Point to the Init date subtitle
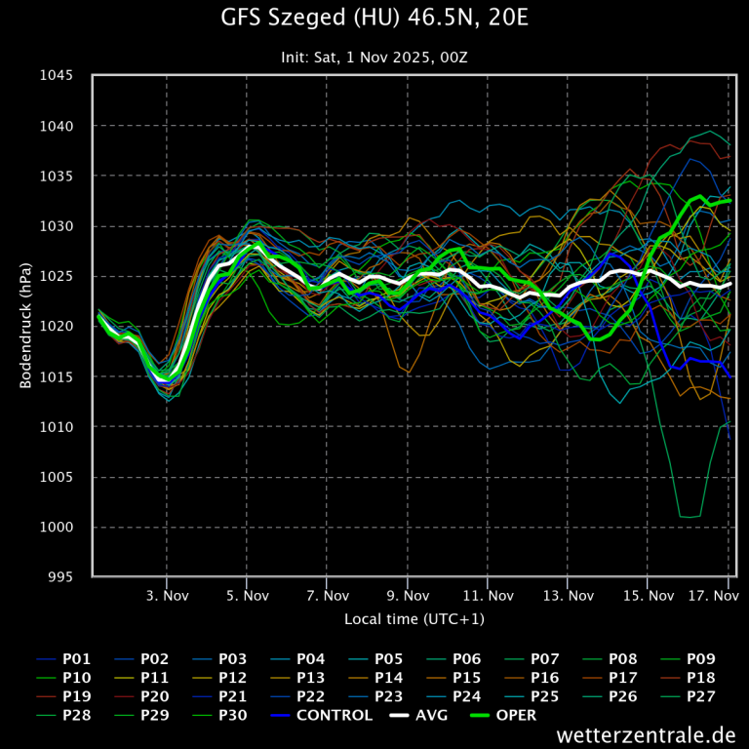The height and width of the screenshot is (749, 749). (374, 58)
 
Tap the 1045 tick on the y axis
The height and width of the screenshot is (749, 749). (59, 76)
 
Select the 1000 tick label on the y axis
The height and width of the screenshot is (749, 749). (59, 528)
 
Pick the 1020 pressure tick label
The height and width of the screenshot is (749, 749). (59, 327)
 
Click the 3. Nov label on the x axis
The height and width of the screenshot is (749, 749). (167, 595)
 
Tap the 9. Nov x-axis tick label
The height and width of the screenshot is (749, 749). (408, 595)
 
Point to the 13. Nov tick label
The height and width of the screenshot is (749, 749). (568, 595)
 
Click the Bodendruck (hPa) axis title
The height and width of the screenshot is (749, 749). (26, 326)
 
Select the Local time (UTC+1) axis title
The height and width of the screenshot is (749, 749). (414, 619)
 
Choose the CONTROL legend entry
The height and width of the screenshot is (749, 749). (323, 716)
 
